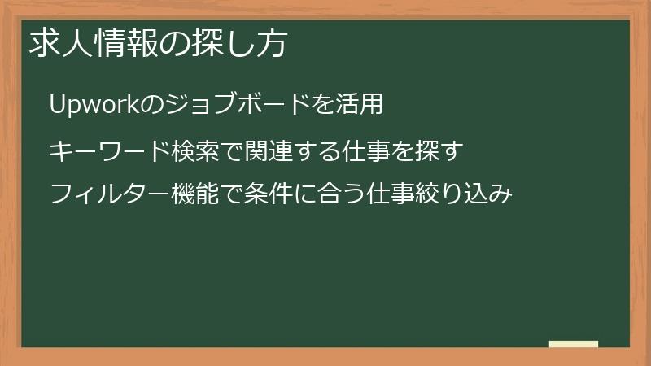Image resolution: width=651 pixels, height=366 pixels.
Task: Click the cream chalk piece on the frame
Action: [574, 344]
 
